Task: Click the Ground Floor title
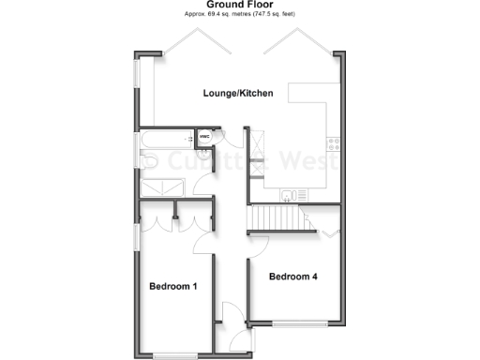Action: tap(239, 6)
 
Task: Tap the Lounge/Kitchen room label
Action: tap(239, 93)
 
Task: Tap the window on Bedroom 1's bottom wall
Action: tap(173, 355)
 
